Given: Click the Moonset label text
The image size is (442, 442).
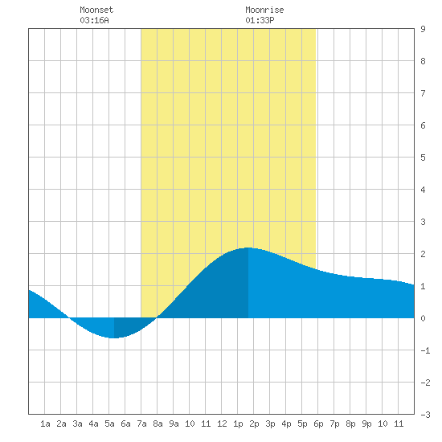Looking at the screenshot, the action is click(x=96, y=10).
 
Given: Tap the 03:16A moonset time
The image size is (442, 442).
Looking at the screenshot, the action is click(x=94, y=20).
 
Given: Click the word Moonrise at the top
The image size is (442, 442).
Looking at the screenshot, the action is click(x=264, y=10).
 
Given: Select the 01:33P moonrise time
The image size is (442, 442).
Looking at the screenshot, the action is click(x=260, y=20).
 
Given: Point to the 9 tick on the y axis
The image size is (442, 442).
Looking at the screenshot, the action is click(x=423, y=29).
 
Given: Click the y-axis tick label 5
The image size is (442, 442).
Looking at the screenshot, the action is click(x=423, y=158).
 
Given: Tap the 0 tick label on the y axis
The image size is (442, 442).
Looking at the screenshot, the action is click(x=423, y=318).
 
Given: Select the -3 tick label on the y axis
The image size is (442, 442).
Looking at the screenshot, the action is click(x=425, y=415).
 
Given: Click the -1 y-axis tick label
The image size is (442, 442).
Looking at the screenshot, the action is click(x=425, y=350).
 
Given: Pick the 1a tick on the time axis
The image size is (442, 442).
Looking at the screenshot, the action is click(x=45, y=424).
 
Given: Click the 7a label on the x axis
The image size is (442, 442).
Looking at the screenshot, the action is click(x=141, y=424).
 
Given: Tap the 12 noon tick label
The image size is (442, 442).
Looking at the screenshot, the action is click(x=222, y=424).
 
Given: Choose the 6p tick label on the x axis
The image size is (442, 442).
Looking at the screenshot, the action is click(x=318, y=424).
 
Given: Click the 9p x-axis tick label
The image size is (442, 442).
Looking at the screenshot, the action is click(x=366, y=424).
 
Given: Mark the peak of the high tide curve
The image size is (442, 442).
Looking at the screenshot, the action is click(x=248, y=248).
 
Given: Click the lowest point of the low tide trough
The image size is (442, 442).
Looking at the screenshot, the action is click(x=114, y=338).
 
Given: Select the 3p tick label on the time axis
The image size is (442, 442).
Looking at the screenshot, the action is click(x=270, y=424).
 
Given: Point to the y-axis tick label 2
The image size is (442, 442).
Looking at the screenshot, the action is click(x=423, y=254).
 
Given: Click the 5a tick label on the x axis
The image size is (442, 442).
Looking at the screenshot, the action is click(x=109, y=424).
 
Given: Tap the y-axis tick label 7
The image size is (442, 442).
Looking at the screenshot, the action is click(x=423, y=93).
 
